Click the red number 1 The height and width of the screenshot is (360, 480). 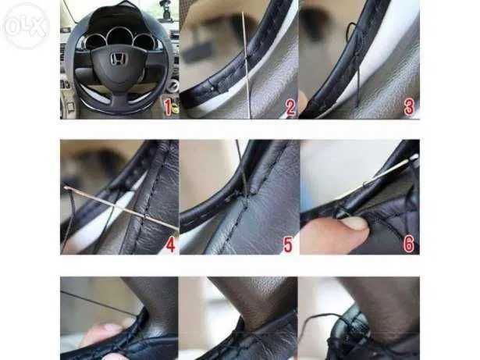tap(167, 106)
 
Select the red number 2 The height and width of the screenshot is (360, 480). tap(290, 107)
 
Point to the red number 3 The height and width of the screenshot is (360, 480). tap(408, 107)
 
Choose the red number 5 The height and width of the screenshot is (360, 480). tap(288, 244)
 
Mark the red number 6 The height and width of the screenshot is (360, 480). tap(408, 244)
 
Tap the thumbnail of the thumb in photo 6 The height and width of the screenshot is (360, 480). tap(355, 224)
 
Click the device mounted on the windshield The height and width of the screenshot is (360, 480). tap(165, 11)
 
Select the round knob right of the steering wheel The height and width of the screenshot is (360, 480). tap(173, 84)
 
